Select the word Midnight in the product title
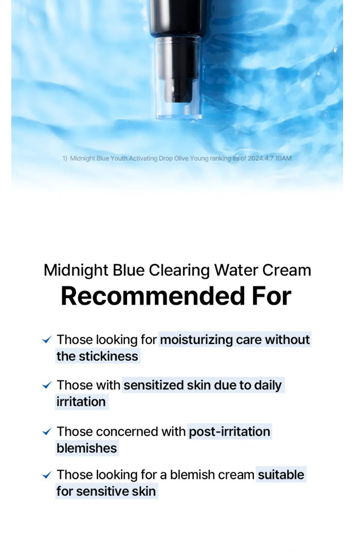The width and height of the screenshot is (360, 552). tap(76, 271)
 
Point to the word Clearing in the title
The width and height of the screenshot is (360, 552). tap(179, 271)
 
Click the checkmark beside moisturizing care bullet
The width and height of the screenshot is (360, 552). tap(47, 340)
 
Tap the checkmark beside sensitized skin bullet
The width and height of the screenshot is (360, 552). tap(47, 385)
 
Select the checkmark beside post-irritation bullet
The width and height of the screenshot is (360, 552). tap(47, 432)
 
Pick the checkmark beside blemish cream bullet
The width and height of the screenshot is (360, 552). tap(47, 475)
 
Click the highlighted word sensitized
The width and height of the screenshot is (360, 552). tap(153, 385)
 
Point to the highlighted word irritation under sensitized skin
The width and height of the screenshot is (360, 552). tap(81, 402)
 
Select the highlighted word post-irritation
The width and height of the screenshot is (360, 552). tap(229, 432)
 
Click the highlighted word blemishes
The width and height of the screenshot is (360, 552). tap(86, 448)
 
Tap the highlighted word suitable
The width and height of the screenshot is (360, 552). tap(281, 475)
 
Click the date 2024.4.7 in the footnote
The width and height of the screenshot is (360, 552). tap(260, 158)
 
